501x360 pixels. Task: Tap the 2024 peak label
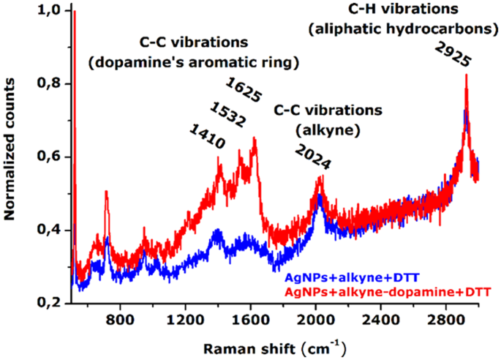click(313, 155)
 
